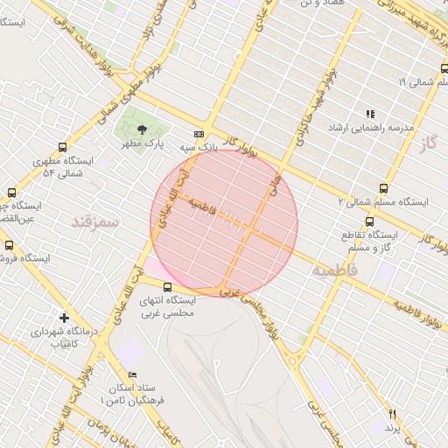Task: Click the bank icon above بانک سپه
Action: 199,134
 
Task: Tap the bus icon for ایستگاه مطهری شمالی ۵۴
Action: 61,147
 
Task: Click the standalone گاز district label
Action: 428,142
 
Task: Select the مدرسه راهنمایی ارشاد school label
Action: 369,129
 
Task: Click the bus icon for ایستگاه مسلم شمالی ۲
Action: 384,187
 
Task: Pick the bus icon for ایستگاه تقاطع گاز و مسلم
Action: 369,221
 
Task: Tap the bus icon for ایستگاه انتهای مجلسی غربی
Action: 167,286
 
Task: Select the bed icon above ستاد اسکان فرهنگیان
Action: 132,374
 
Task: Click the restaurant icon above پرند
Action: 392,413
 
